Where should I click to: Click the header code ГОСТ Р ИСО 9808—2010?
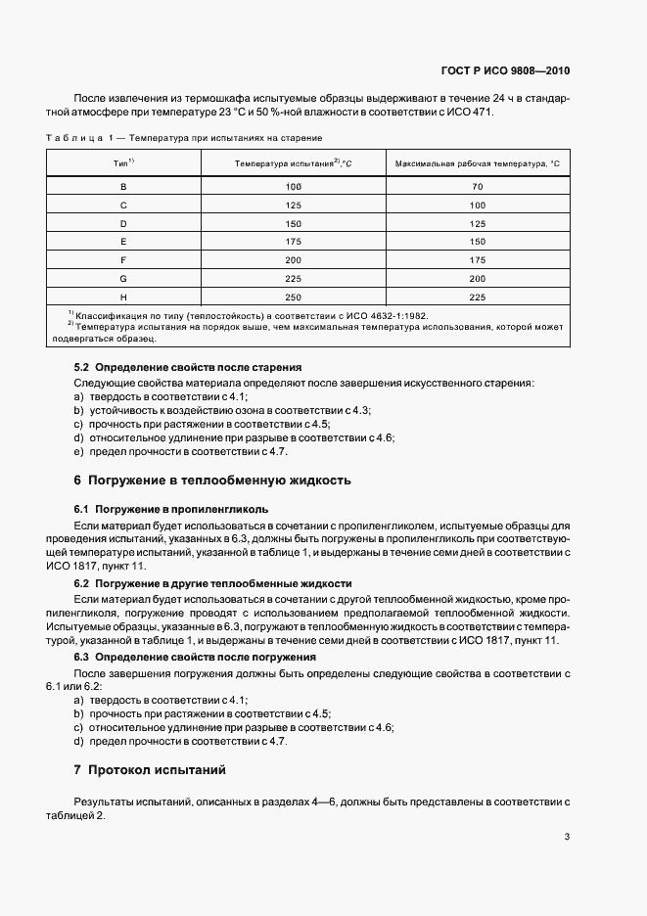click(x=505, y=71)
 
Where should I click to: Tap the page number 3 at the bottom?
click(x=567, y=836)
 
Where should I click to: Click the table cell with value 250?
click(x=293, y=298)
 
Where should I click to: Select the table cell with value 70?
click(x=477, y=186)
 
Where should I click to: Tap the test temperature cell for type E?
click(x=293, y=242)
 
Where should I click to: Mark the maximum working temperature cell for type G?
click(x=477, y=279)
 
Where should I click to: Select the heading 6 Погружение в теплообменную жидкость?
click(x=212, y=481)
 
